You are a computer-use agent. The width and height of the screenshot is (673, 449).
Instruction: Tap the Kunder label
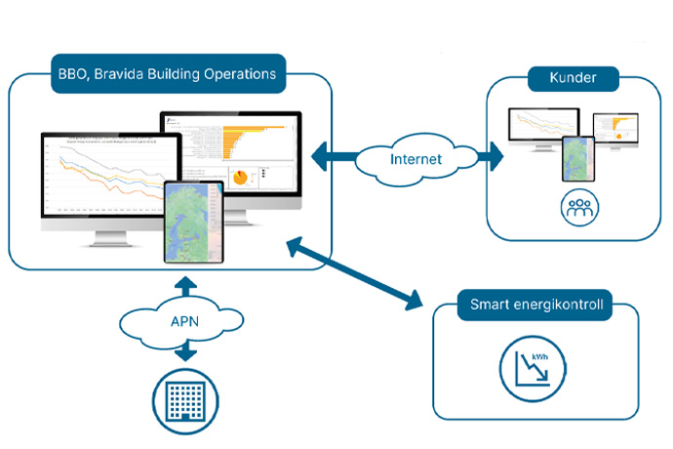point(567,78)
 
